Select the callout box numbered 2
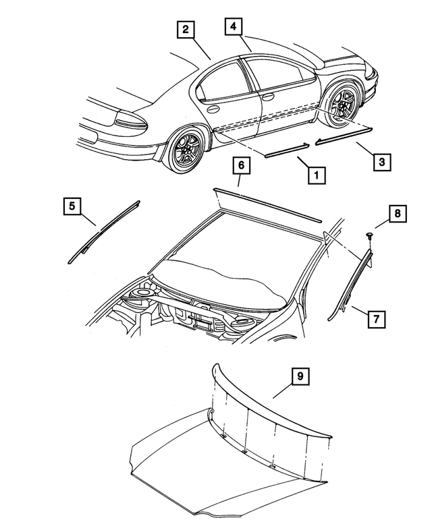tap(184, 30)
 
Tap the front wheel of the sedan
tap(343, 104)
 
